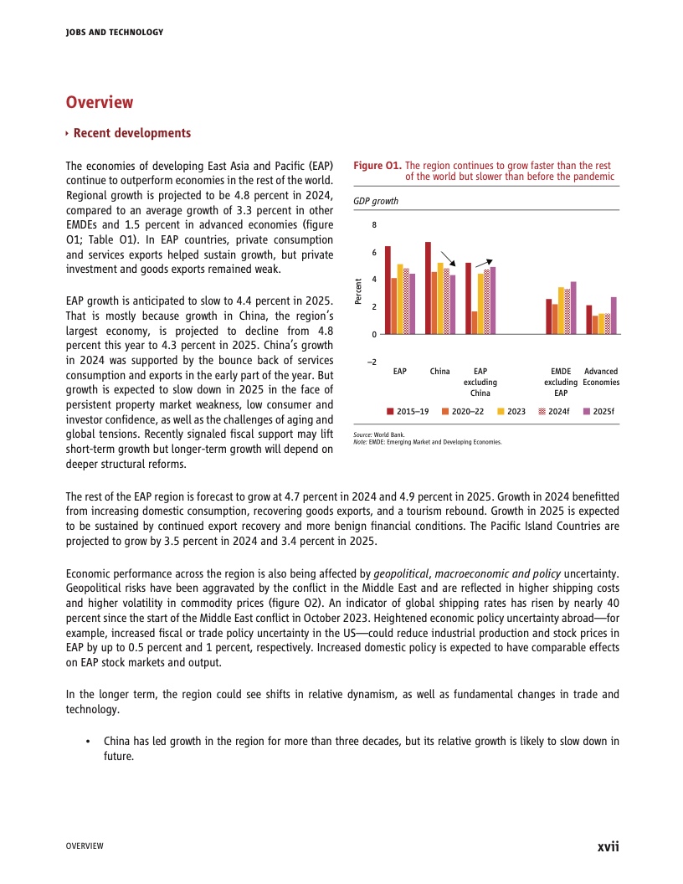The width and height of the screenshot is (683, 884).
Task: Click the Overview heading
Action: (x=100, y=102)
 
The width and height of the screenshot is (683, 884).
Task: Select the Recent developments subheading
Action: (x=131, y=133)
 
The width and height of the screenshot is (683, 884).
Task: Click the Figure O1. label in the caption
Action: (x=377, y=166)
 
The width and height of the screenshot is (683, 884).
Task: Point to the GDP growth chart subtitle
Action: (x=375, y=201)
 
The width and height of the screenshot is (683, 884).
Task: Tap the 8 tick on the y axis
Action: (x=374, y=225)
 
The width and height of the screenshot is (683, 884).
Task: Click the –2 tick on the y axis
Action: (x=372, y=362)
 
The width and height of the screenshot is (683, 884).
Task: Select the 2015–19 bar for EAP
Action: (x=388, y=290)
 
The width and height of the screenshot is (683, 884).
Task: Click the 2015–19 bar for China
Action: (x=428, y=288)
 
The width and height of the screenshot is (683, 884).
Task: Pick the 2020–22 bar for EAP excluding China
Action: (x=475, y=322)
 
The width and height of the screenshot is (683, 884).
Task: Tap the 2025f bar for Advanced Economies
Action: (x=614, y=316)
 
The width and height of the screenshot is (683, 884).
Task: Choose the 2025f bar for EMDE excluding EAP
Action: (x=573, y=308)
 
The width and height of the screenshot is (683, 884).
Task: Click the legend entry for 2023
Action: (x=511, y=411)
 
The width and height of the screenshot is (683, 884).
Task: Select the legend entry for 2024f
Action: (x=554, y=411)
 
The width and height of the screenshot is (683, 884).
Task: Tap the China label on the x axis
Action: (x=439, y=371)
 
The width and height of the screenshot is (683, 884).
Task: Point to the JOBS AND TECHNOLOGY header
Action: (x=114, y=33)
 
